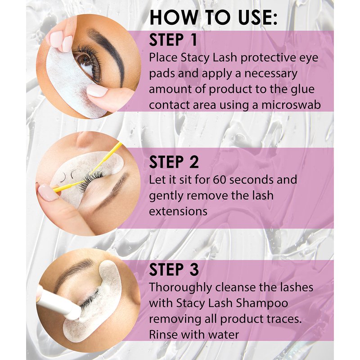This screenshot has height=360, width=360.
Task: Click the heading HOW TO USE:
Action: click(213, 18)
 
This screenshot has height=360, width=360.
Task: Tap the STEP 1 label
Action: click(173, 40)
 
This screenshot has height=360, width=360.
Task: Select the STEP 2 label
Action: click(174, 162)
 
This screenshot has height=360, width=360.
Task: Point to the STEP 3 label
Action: click(174, 269)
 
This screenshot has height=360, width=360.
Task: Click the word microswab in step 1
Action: click(291, 105)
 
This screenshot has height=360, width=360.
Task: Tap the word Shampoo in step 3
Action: click(262, 303)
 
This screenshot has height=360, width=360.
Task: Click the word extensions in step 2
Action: click(178, 211)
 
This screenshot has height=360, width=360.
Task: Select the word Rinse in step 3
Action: click(163, 334)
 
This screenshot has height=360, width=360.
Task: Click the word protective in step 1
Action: click(268, 58)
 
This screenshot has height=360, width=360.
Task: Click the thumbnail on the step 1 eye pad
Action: click(97, 90)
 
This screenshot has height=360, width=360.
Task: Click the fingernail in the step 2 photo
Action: click(48, 192)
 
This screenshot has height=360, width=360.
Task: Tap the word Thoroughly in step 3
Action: click(180, 288)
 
